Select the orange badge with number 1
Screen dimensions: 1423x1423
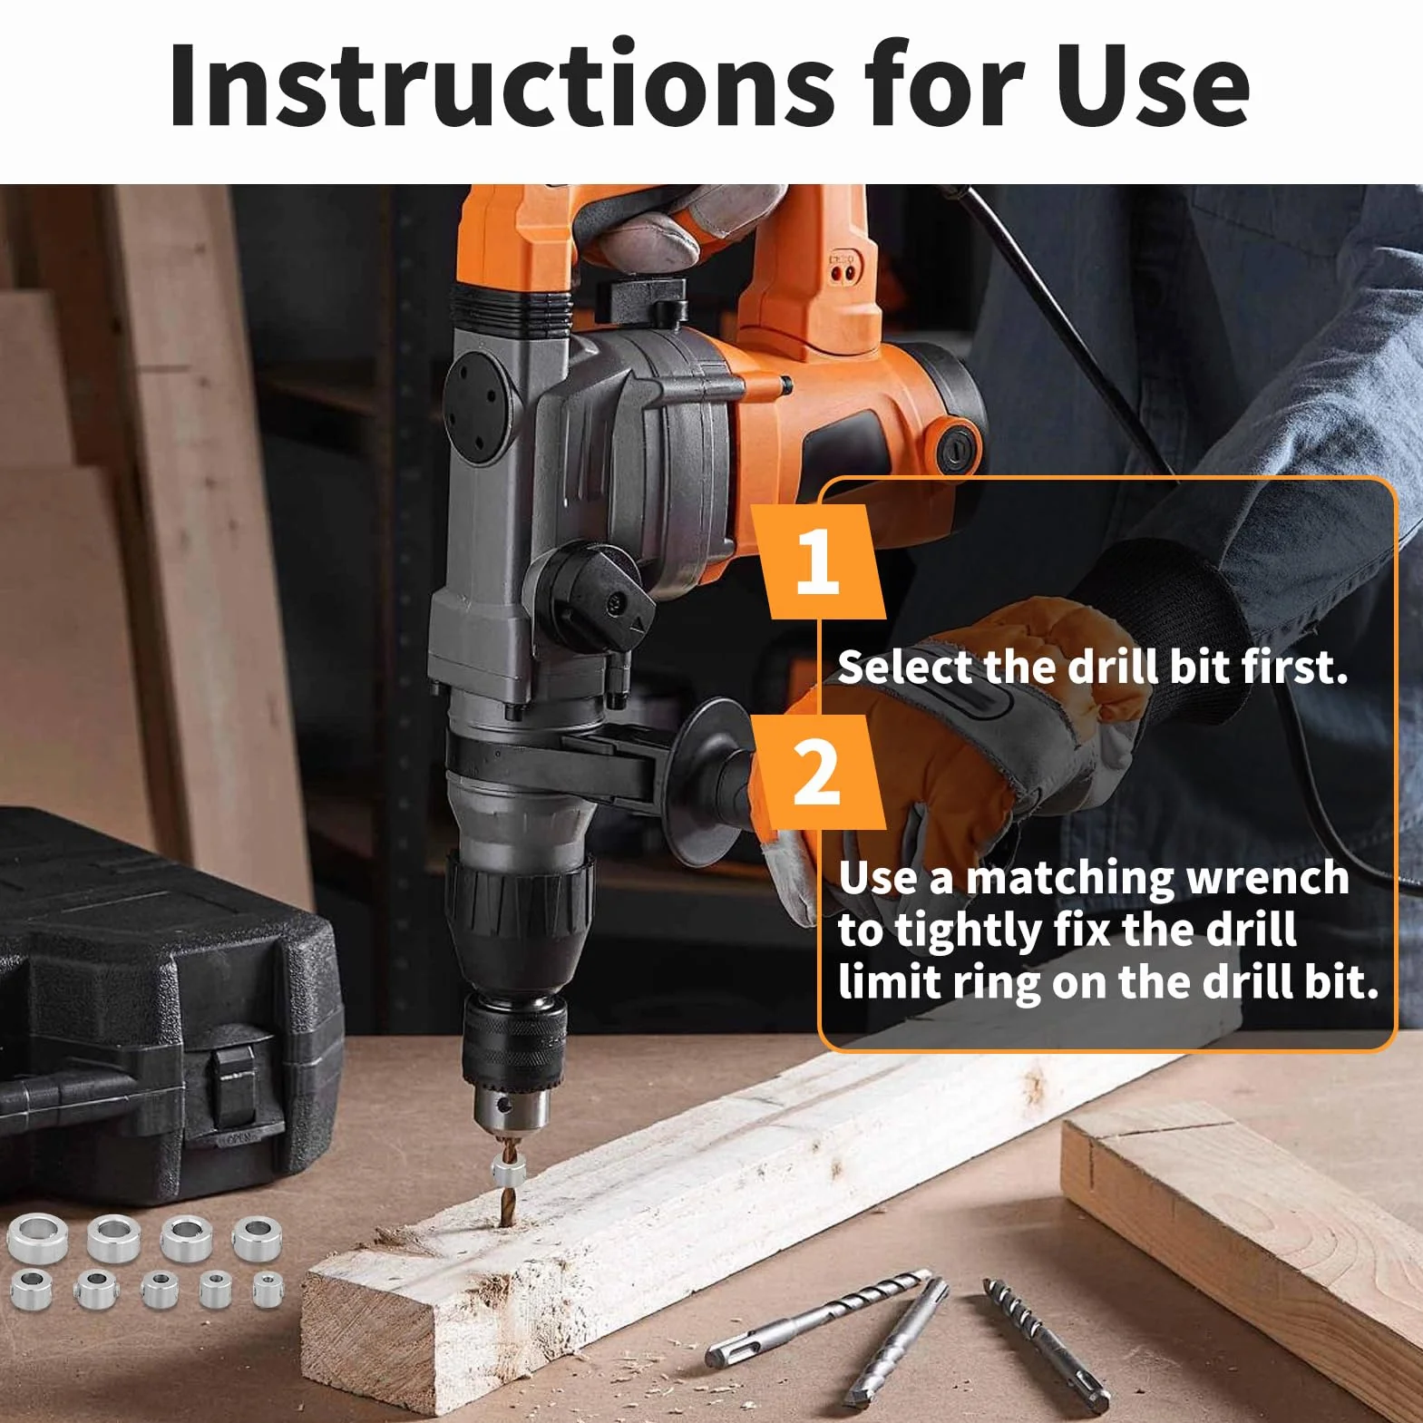click(x=819, y=562)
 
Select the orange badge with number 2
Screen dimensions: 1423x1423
click(x=819, y=772)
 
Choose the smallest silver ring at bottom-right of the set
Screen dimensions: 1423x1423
click(x=268, y=1291)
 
